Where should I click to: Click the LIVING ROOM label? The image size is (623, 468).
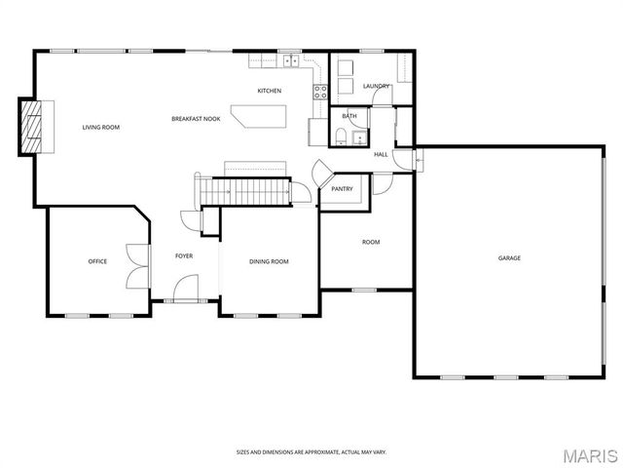(101, 128)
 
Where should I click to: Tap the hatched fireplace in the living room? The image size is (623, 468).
(31, 127)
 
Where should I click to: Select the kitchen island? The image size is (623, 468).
(259, 116)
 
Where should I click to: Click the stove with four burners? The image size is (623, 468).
(320, 93)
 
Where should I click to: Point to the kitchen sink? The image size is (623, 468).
(291, 60)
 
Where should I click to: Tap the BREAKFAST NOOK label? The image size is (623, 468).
(196, 119)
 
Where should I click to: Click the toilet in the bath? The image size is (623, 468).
(341, 137)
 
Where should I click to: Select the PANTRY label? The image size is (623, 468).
(342, 189)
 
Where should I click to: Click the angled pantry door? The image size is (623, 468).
(322, 174)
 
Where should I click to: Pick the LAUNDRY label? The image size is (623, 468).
(377, 86)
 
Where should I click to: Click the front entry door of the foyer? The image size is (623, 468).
(186, 288)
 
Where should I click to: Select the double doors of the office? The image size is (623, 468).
(138, 266)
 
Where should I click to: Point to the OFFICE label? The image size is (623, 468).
(97, 261)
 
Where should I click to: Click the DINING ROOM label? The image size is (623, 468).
(269, 261)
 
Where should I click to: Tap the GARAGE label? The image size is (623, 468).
(509, 257)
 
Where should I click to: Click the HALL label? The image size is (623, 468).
(381, 154)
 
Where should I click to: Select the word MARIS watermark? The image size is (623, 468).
(591, 456)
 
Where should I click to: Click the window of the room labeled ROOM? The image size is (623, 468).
(364, 290)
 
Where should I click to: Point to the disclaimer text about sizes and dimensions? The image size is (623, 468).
(311, 452)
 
